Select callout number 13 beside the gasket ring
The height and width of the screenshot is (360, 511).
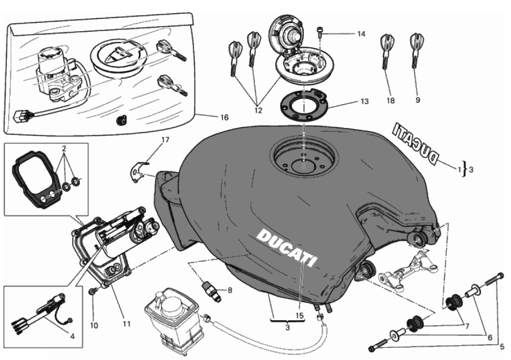click(364, 102)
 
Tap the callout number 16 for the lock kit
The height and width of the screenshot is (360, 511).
click(224, 117)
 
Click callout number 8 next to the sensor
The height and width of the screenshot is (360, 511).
click(230, 290)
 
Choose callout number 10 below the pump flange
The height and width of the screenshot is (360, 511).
click(94, 325)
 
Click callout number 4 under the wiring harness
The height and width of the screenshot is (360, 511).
click(72, 336)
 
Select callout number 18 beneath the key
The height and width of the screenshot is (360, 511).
click(391, 100)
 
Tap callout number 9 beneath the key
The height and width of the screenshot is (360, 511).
click(418, 100)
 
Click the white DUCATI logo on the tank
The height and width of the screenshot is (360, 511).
click(286, 247)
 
